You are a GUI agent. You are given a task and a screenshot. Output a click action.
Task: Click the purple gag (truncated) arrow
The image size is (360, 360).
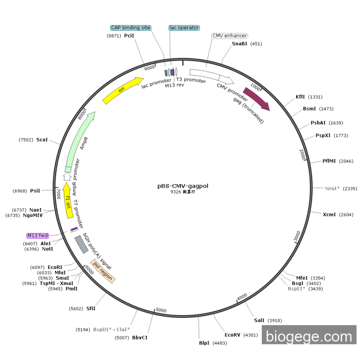(x=256, y=98)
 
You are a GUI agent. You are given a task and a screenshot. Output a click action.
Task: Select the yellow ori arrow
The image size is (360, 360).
(x=122, y=90)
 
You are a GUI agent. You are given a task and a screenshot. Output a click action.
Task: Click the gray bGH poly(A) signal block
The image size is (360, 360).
(x=81, y=244)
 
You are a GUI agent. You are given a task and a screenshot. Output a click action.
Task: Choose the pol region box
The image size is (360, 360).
(x=103, y=272)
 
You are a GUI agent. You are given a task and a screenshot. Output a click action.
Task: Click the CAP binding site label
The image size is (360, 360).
(x=131, y=28)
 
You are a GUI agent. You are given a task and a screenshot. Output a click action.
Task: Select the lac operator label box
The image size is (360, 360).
(x=184, y=28)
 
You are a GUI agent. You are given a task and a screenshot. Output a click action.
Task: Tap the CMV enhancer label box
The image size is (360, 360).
(x=230, y=36)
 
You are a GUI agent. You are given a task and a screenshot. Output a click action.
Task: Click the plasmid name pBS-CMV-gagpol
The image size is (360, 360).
(x=183, y=186)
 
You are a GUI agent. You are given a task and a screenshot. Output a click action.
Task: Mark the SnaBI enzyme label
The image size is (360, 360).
(x=239, y=44)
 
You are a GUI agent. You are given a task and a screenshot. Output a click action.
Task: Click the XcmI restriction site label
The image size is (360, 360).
(x=329, y=214)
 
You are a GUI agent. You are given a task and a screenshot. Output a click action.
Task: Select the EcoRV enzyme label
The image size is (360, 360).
(x=232, y=335)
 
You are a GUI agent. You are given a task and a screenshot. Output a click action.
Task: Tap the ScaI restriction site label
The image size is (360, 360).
(x=42, y=139)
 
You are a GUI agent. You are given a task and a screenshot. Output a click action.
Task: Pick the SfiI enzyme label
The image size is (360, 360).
(x=91, y=309)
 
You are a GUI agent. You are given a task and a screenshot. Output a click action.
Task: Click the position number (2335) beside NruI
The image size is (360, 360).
(x=350, y=189)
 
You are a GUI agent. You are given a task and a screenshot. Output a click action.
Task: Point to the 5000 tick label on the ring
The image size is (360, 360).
(x=161, y=310)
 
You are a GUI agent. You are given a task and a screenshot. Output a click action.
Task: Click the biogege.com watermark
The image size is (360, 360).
(x=309, y=337)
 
